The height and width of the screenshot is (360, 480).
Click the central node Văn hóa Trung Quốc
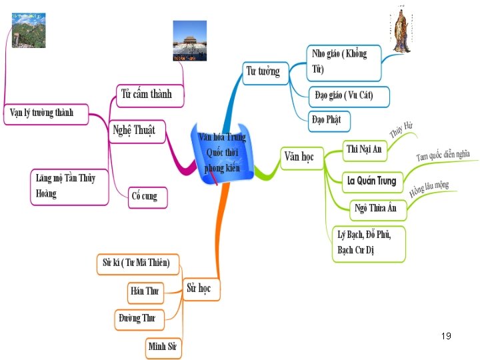(x=222, y=152)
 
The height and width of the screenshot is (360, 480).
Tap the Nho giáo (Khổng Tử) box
(x=344, y=61)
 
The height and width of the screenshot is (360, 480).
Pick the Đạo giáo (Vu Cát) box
(x=348, y=96)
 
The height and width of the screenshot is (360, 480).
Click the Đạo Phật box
(x=329, y=120)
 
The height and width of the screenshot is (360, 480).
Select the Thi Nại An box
(x=364, y=149)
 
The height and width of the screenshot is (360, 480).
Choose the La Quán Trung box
(x=371, y=180)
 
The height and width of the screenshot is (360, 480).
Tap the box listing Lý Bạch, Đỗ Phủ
(x=368, y=243)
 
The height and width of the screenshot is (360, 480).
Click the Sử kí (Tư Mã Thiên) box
(x=141, y=263)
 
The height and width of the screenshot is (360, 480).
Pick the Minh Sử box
(x=163, y=347)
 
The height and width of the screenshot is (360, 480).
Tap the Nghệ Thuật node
(x=134, y=131)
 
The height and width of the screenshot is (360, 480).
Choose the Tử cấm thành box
(x=146, y=94)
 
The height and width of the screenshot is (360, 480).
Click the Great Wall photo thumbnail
(x=29, y=30)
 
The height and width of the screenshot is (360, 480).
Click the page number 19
(x=446, y=336)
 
